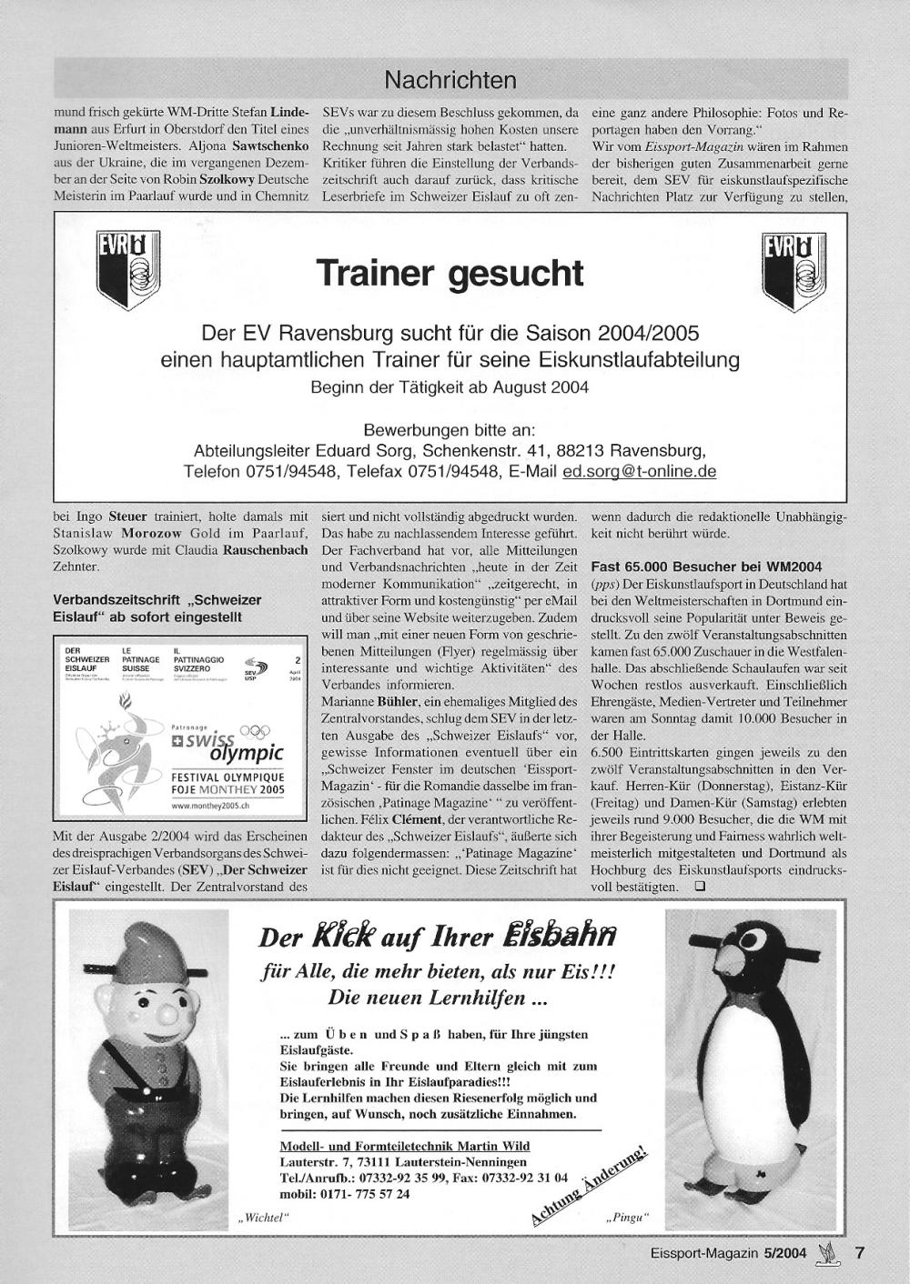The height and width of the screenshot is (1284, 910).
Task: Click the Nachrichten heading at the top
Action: pyautogui.click(x=450, y=80)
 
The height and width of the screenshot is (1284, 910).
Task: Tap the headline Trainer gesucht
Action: pyautogui.click(x=450, y=273)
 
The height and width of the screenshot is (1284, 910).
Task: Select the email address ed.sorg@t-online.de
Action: pyautogui.click(x=640, y=472)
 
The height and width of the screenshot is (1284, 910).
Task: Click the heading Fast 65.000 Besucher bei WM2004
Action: pyautogui.click(x=706, y=566)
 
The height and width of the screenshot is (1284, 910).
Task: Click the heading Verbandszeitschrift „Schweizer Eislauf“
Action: pyautogui.click(x=157, y=608)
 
